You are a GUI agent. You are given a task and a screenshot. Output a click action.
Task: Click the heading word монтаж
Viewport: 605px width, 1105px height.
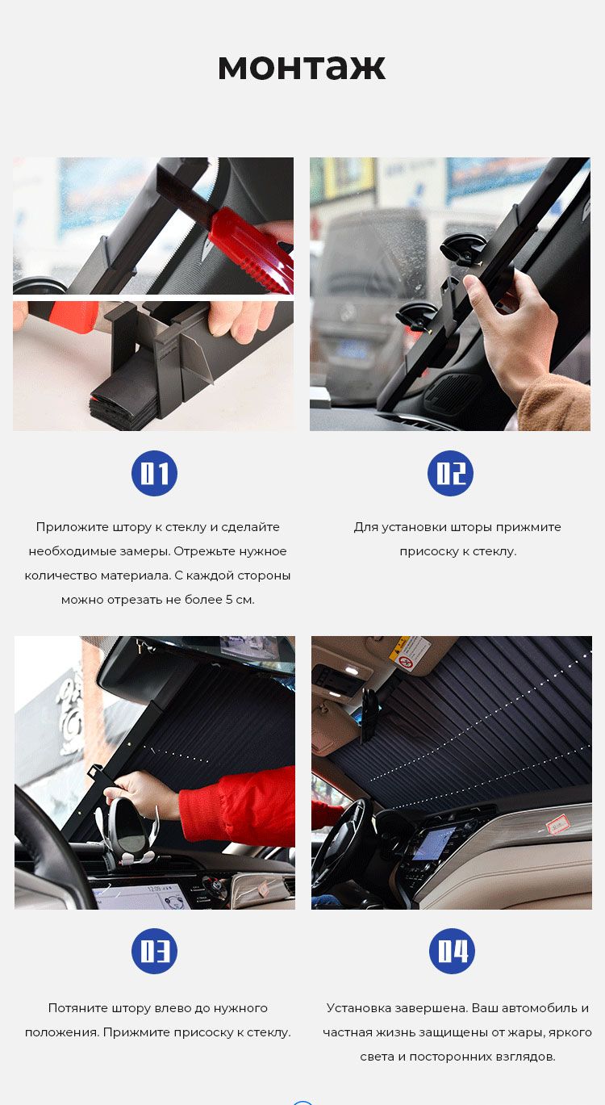coord(302,67)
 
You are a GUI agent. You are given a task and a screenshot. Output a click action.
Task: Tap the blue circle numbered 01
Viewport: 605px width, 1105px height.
coord(154,473)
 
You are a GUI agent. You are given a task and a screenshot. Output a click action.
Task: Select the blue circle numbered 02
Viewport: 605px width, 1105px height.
coord(450,473)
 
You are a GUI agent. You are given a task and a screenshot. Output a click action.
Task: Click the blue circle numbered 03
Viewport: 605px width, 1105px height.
coord(154,951)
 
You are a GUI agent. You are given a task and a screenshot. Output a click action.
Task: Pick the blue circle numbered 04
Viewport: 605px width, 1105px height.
coord(453,951)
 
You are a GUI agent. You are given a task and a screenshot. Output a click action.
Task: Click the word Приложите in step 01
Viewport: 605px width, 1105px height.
coord(72,527)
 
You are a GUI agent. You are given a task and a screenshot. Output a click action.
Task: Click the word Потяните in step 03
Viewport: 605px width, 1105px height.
coord(79,1008)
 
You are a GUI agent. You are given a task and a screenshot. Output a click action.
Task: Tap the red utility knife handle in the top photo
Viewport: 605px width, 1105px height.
coord(252,249)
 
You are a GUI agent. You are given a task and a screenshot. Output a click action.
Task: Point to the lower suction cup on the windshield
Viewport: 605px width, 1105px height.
coord(418,316)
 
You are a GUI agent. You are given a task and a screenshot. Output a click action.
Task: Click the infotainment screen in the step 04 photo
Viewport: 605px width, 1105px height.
coord(433,843)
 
